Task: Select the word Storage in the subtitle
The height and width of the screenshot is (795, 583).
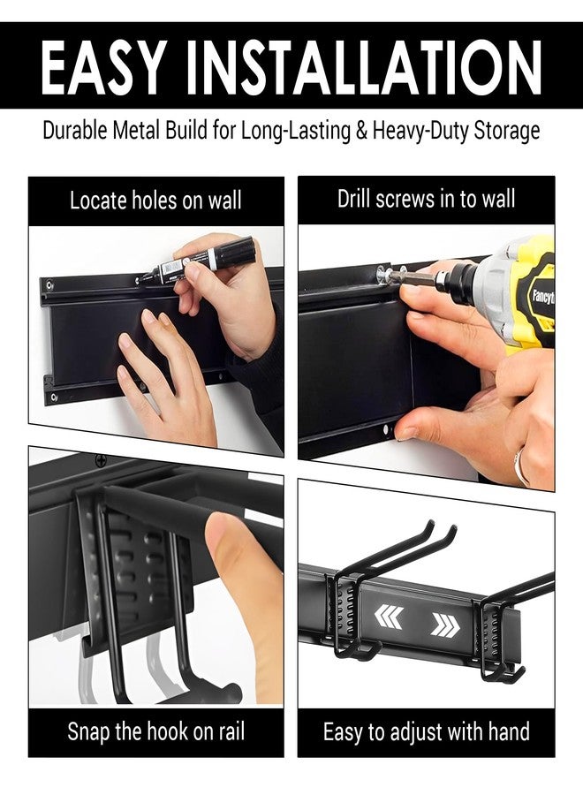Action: (x=502, y=132)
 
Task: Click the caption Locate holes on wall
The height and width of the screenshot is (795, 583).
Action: (x=155, y=201)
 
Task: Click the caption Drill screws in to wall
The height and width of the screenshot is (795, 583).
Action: (x=426, y=199)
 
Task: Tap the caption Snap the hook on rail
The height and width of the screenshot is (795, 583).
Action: (x=155, y=731)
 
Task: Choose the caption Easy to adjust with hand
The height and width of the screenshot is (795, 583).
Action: (x=426, y=731)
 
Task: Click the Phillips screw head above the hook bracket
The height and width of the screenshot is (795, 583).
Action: (x=101, y=460)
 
